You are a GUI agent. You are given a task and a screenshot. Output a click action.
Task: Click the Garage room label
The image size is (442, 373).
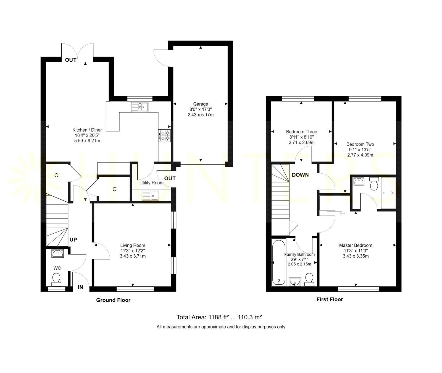[x=201, y=104]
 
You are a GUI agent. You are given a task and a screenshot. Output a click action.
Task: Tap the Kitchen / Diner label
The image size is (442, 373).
[x=87, y=130]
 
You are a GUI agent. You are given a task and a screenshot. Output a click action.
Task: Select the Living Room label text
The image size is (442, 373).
[x=133, y=245]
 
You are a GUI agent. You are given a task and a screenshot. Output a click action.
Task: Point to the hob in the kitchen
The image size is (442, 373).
[x=165, y=136]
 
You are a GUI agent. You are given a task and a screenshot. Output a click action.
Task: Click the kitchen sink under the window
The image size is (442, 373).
[x=140, y=107]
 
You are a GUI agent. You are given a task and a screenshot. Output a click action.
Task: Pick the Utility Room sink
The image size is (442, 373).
[x=150, y=195]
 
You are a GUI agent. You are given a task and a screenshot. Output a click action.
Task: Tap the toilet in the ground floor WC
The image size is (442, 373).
[x=57, y=280]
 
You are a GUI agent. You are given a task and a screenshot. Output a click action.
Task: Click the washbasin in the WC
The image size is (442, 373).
[x=57, y=253]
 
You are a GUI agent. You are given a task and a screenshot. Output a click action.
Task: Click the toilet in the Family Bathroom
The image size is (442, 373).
[x=309, y=280]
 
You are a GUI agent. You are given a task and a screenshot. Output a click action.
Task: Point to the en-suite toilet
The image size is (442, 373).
[x=374, y=184]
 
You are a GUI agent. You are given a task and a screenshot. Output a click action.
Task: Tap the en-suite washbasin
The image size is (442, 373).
[x=359, y=182]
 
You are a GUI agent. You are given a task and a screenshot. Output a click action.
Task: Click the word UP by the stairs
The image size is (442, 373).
[x=73, y=240]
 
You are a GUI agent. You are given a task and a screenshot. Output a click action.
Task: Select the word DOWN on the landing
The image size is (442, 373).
[x=300, y=175]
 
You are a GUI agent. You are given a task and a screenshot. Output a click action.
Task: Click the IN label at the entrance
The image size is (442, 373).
[x=80, y=287]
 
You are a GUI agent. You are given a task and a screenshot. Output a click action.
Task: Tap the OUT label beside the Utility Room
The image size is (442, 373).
[x=170, y=179]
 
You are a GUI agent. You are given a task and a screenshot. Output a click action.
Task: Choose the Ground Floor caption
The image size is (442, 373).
[x=113, y=300]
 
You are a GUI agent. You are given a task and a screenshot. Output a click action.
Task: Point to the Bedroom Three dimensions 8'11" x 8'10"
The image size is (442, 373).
[x=302, y=137]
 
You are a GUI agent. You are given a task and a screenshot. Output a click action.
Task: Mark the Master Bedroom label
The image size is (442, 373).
[x=356, y=245]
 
